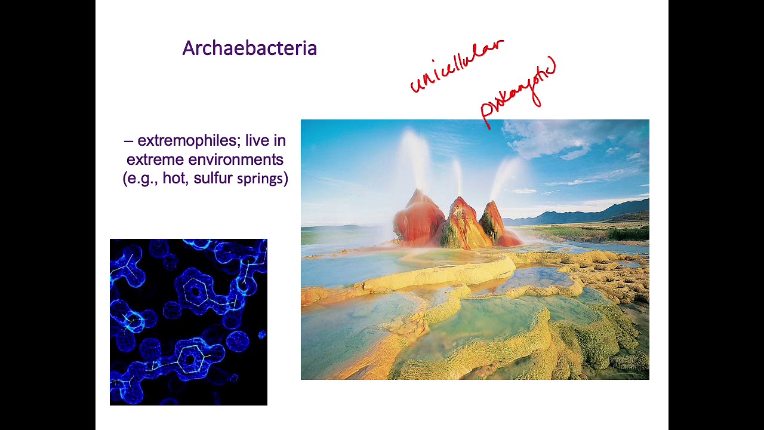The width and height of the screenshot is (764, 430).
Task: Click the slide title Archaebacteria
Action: [x=249, y=48]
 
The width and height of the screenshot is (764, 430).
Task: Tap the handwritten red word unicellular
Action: [x=457, y=67]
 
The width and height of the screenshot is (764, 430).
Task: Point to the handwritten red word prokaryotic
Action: [x=518, y=92]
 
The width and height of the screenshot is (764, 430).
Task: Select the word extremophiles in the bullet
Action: [x=186, y=141]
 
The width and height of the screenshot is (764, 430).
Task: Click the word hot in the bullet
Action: [x=174, y=179]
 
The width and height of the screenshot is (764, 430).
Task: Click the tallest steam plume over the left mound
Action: [x=415, y=155]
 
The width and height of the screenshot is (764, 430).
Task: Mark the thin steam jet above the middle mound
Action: [x=457, y=176]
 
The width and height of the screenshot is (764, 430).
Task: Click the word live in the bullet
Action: [x=258, y=141]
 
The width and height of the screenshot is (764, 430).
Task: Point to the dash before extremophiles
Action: [x=128, y=141]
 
